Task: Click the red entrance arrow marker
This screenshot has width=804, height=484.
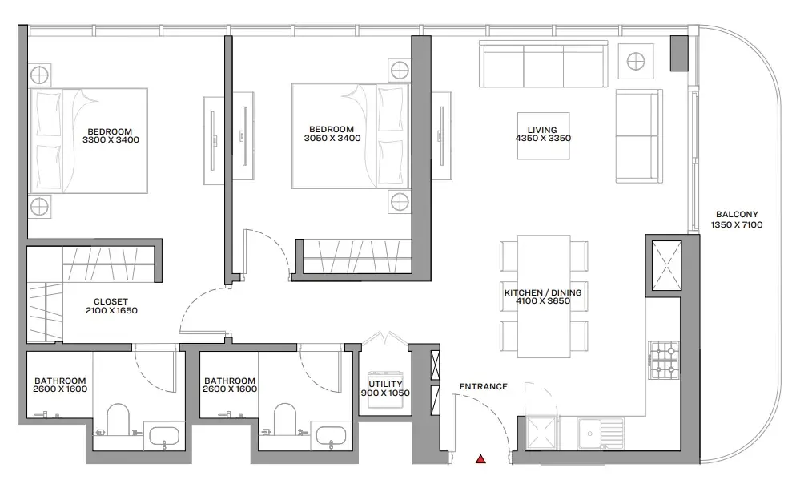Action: pos(480,459)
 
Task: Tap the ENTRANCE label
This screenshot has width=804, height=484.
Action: pos(483,386)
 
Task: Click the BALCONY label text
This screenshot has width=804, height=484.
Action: pos(737,215)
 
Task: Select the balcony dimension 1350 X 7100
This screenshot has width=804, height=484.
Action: pos(737,225)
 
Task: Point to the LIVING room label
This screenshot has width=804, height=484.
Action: pos(542,130)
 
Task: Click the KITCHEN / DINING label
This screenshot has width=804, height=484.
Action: pos(543,292)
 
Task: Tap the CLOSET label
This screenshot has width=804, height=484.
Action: pos(111,302)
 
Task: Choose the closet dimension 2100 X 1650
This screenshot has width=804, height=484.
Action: pos(111,311)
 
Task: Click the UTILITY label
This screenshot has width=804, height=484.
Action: pos(386,384)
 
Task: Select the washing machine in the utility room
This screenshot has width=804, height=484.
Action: pos(385,389)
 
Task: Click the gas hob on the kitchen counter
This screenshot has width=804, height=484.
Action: pos(664,360)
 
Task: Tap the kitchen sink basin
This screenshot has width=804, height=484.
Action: pos(590,434)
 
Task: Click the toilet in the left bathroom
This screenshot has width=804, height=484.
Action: pos(119,419)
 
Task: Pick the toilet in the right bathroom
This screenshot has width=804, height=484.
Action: pos(285,419)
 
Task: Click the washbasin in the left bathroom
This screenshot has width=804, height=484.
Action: pos(163,437)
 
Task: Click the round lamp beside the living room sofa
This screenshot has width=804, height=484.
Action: pos(636,62)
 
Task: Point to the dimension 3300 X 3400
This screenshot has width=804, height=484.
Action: pos(111,139)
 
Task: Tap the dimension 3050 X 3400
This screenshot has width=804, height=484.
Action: pos(332,138)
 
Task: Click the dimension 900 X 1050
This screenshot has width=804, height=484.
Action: pos(385,393)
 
